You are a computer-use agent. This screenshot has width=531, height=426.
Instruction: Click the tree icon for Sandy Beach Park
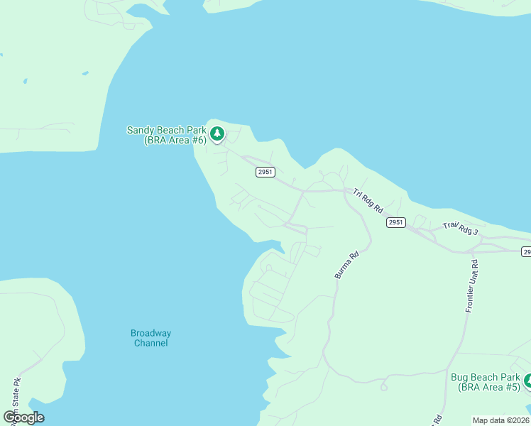coord(217,133)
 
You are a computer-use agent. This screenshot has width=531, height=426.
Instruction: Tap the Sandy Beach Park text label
coord(166,130)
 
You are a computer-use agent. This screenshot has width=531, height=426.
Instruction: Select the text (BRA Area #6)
coord(175,141)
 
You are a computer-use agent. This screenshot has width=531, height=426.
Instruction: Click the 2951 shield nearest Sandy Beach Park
coord(265,172)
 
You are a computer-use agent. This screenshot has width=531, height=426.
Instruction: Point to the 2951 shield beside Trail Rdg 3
coord(396,222)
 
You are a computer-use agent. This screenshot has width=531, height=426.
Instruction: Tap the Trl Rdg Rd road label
coord(368,201)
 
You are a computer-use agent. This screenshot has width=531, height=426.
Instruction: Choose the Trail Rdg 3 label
coord(461,229)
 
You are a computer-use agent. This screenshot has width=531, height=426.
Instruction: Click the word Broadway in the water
coord(150,333)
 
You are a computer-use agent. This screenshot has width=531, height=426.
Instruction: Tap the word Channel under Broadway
coord(150,344)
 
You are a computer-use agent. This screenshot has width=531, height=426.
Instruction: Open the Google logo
coord(23,417)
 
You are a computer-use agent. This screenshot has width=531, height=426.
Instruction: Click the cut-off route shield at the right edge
coord(527,251)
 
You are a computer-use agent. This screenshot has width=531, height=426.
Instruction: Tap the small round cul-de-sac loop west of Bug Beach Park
coord(384,387)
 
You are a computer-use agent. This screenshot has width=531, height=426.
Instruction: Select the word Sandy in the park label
coord(141,130)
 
